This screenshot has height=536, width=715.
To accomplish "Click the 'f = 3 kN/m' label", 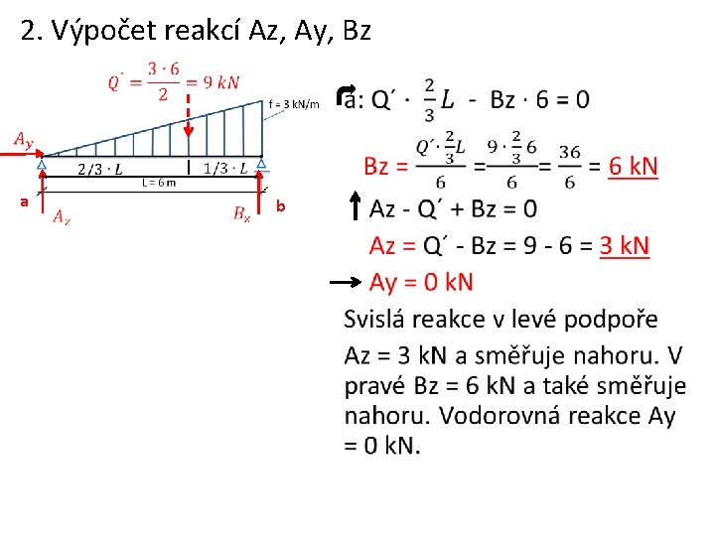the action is [x=294, y=103].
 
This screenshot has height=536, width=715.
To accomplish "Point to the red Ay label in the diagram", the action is [x=22, y=140].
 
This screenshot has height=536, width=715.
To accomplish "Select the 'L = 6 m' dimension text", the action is [x=158, y=182].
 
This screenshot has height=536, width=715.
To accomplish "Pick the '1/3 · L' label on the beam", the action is [x=226, y=167].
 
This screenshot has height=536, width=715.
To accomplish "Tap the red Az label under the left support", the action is [x=62, y=215].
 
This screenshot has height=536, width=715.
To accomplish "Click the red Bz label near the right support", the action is [x=241, y=212].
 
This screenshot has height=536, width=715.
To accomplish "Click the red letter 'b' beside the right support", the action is [x=281, y=206].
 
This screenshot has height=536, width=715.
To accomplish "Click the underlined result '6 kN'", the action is [x=633, y=167].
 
